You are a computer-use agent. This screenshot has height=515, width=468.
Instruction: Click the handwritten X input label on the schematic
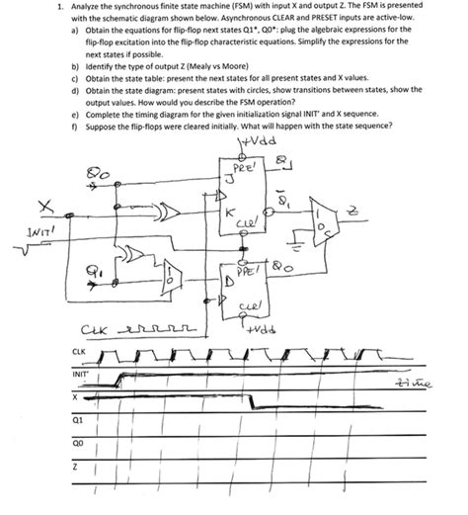[43, 207]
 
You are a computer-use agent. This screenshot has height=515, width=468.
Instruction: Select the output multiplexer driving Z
[320, 222]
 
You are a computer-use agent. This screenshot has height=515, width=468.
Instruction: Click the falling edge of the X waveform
[254, 401]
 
